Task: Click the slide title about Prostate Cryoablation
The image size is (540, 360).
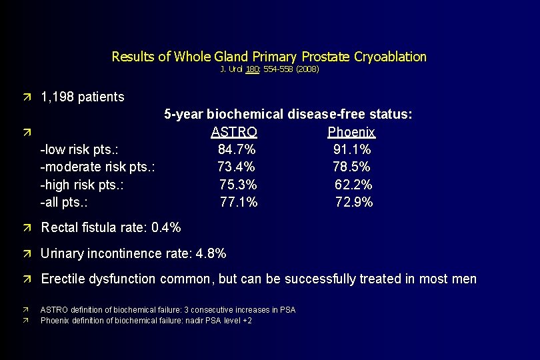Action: (269, 57)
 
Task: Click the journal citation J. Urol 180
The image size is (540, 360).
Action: (269, 69)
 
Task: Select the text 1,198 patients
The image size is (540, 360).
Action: (83, 97)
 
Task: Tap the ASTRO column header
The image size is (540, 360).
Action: (234, 132)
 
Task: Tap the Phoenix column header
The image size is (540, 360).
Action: (351, 132)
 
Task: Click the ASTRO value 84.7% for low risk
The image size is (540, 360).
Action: (237, 149)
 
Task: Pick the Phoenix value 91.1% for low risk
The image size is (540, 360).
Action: (352, 149)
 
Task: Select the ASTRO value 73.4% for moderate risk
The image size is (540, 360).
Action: (236, 167)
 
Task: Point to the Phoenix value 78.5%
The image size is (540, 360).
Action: (351, 167)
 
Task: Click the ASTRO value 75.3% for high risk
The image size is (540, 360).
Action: (238, 185)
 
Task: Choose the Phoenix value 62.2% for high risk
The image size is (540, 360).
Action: (353, 185)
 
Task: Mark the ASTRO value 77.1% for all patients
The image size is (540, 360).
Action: (239, 202)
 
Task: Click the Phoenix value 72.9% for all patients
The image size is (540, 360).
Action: (354, 202)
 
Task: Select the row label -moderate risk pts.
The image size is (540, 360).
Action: (98, 167)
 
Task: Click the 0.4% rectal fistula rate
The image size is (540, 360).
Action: (166, 228)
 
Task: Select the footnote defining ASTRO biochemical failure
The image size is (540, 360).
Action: (168, 310)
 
